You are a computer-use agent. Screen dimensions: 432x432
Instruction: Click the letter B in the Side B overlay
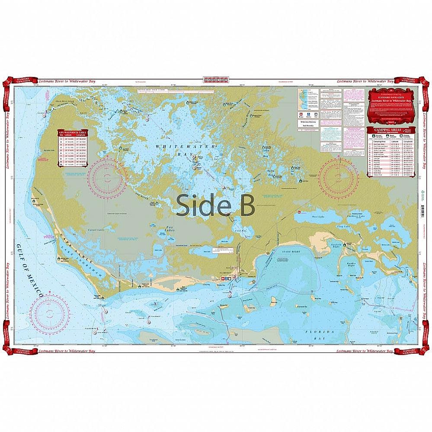click(x=245, y=204)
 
